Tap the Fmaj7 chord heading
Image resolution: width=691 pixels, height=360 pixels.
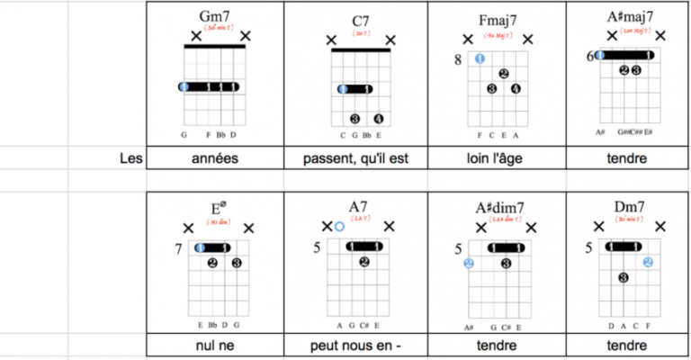click(x=498, y=21)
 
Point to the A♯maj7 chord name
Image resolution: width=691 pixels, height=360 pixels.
click(x=630, y=16)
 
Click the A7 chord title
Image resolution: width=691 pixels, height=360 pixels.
click(x=359, y=205)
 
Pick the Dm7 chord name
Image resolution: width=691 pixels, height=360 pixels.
click(x=629, y=207)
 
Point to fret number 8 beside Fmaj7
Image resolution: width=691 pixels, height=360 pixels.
click(x=458, y=59)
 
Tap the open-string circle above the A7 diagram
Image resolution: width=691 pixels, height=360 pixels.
click(x=339, y=227)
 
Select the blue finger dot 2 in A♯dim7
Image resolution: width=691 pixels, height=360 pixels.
click(x=469, y=264)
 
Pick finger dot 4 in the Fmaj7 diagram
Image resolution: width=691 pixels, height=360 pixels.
click(x=516, y=88)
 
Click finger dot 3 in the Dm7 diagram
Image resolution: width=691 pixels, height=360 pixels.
click(x=623, y=278)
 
